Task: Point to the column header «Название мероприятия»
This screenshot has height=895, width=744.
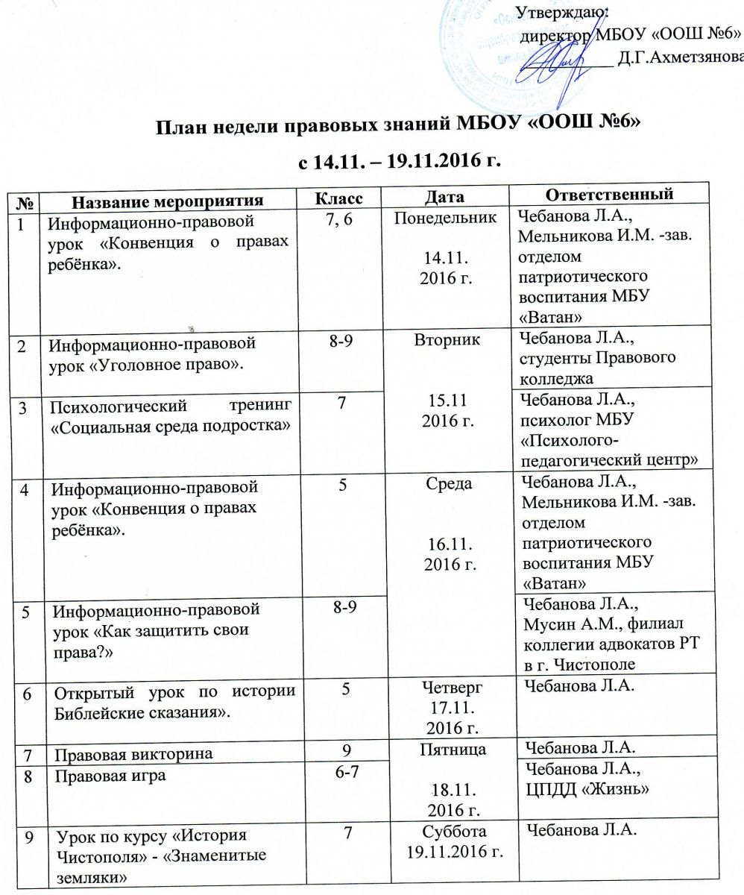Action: point(168,200)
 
